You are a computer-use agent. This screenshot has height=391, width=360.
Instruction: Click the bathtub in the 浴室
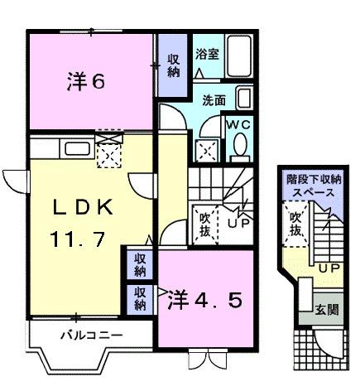(x=242, y=59)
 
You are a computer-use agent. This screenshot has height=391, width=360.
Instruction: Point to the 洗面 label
(x=214, y=100)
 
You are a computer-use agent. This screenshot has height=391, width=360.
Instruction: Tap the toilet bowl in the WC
(x=240, y=147)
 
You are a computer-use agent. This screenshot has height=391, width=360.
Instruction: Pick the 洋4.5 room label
(x=206, y=298)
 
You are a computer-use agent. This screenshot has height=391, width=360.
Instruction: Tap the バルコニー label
(x=92, y=335)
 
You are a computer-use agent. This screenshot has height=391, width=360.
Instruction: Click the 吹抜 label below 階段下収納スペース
(x=295, y=224)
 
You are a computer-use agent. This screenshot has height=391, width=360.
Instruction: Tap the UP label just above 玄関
(x=329, y=270)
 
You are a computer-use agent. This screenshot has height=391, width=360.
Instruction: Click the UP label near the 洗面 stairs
(x=240, y=224)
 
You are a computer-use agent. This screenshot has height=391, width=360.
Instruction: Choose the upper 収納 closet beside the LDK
(x=141, y=265)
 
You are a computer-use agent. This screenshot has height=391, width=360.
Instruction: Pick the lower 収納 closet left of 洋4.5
(x=141, y=298)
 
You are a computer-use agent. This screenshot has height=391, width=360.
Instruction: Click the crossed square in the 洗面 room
(x=205, y=150)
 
